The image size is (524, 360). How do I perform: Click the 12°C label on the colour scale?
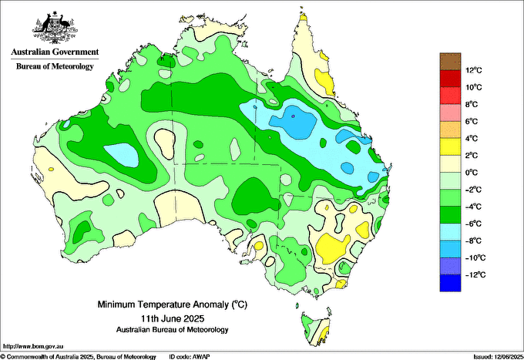coord(473,70)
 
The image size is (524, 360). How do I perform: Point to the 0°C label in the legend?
coord(472,173)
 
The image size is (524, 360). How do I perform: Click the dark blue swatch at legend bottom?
coord(449,283)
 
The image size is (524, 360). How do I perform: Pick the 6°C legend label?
coord(472,122)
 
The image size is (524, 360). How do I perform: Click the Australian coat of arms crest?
coord(54,26)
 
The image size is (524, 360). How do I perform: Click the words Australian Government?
coord(54,52)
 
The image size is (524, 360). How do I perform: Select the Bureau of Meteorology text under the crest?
coord(54,66)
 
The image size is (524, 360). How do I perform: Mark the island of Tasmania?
coord(316,326)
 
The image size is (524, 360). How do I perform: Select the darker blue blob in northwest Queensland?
coord(296,121)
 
